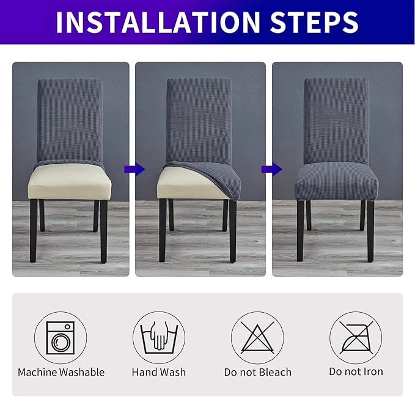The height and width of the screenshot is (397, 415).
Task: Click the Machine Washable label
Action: [61, 372]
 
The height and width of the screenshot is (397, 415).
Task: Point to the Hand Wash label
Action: [159, 372]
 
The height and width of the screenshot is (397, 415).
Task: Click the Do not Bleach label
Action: [257, 372]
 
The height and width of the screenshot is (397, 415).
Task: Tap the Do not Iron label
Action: [356, 372]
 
